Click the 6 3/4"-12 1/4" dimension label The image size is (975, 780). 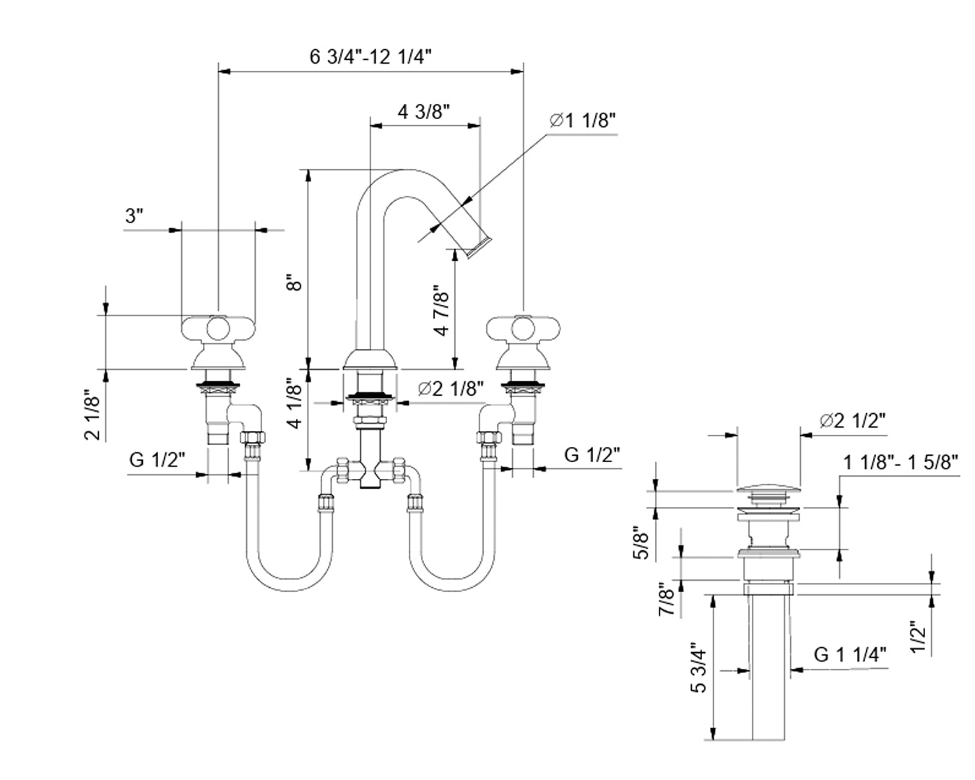point(370,57)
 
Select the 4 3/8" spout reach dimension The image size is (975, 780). point(424,112)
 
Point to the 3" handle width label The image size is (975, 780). point(135,216)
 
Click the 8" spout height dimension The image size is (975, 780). point(292,282)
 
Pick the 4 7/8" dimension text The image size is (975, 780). point(441,310)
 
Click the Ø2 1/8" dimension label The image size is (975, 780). point(451,389)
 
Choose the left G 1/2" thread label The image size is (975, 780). point(157,459)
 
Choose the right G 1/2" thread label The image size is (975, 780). point(592,455)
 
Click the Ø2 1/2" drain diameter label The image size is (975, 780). point(852,420)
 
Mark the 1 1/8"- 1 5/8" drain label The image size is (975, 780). point(901,462)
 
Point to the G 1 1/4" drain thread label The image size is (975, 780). point(850,654)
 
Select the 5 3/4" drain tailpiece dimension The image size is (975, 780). point(697,667)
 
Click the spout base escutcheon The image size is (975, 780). point(370,360)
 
